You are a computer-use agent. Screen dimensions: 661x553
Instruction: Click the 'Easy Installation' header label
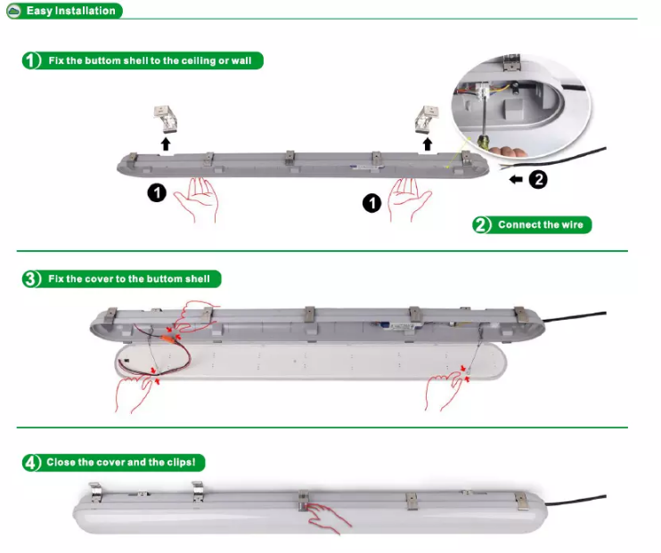71,11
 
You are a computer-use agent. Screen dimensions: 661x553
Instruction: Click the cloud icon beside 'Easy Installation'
14,11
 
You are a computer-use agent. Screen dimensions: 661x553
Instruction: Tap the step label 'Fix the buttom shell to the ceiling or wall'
150,61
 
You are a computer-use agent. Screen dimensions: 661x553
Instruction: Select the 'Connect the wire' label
541,224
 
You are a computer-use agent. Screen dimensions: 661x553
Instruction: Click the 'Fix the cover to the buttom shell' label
128,279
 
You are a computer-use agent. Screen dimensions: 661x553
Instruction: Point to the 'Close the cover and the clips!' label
121,462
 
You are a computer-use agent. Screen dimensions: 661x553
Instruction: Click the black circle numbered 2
538,180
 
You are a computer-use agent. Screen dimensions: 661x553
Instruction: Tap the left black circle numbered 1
157,193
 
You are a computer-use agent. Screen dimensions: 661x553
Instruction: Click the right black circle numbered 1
371,203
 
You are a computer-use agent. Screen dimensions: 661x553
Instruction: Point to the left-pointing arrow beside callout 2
516,180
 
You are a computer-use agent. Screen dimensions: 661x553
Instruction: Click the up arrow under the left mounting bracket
166,143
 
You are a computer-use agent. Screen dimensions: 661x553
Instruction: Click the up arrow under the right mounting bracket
428,143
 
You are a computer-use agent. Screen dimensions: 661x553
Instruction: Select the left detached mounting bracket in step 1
166,118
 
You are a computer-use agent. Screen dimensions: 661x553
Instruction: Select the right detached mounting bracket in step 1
427,119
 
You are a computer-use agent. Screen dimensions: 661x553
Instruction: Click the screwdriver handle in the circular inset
484,142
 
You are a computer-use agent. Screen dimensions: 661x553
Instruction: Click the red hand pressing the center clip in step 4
329,517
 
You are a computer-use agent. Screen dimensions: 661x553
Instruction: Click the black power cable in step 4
575,500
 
